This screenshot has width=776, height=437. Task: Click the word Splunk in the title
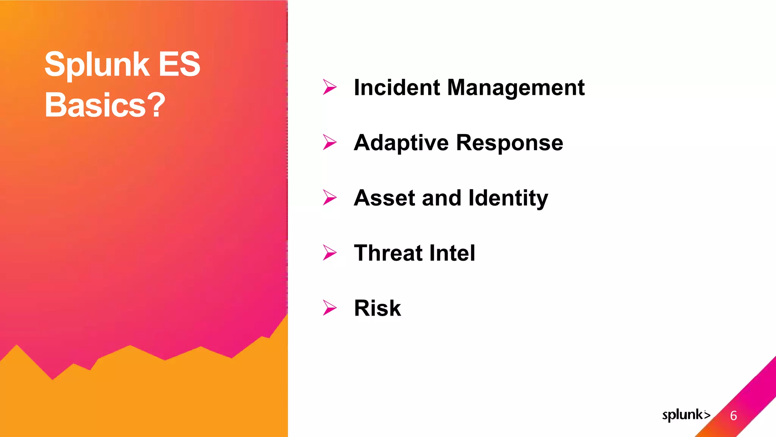97,64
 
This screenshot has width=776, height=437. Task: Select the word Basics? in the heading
105,105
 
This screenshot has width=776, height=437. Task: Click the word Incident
397,88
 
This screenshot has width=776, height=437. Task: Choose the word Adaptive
401,143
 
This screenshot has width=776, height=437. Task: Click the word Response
510,143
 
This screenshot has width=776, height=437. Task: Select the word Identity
508,198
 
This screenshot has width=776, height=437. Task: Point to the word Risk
377,308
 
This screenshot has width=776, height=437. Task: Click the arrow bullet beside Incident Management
330,87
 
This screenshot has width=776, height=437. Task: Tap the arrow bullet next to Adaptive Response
330,142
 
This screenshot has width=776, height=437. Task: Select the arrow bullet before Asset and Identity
330,197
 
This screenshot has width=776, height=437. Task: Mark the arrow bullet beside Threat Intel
330,253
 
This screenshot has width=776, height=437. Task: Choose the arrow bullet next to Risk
330,308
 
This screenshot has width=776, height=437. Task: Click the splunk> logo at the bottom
686,415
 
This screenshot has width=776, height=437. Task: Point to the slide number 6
734,416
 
